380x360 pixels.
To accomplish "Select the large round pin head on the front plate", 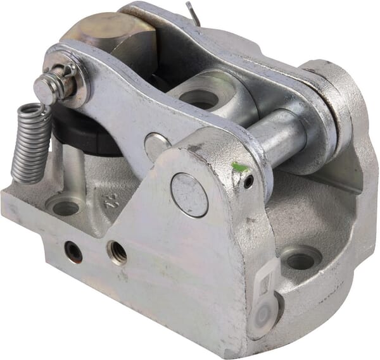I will click(x=189, y=194).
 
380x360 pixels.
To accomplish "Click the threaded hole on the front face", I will click(x=117, y=252).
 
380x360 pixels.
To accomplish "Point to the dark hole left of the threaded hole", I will click(x=74, y=252).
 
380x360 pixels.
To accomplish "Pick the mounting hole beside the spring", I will click(x=65, y=206).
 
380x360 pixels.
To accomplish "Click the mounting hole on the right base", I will click(x=300, y=258).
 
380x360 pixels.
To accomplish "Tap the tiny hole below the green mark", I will click(x=249, y=182).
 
